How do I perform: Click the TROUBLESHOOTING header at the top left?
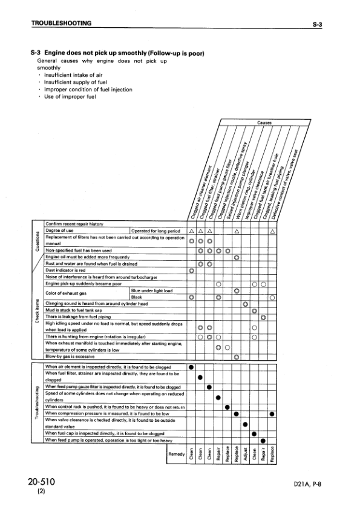click(x=61, y=24)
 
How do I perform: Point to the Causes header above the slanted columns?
click(x=264, y=122)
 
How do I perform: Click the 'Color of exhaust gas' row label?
click(x=66, y=294)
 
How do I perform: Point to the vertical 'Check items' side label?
click(x=38, y=312)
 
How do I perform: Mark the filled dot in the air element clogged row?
click(x=191, y=367)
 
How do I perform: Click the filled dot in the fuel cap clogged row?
click(x=254, y=432)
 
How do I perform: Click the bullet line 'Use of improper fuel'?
click(x=67, y=96)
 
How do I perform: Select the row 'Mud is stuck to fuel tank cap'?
click(x=77, y=310)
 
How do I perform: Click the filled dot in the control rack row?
click(x=227, y=406)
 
